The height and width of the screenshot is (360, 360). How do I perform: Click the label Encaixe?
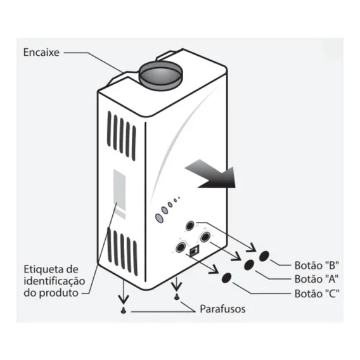[41, 53]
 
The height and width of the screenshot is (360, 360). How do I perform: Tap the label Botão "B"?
[317, 266]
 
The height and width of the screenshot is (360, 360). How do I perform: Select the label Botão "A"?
[317, 279]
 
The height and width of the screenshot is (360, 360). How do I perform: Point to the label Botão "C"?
[317, 293]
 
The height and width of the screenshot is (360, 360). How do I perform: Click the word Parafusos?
[222, 309]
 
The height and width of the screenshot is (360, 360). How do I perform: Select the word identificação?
[55, 281]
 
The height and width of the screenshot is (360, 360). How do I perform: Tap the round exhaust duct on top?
[160, 75]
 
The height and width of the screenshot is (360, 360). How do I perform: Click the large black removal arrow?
[210, 174]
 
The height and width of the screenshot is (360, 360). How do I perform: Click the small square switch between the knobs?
[194, 251]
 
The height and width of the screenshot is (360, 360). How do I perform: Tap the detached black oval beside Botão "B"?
[264, 256]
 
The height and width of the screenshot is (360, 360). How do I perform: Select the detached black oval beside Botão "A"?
[249, 265]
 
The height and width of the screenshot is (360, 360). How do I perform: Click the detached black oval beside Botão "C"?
[227, 278]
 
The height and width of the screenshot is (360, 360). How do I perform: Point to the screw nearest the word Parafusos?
[176, 297]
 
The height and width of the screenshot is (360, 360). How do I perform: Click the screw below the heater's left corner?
[124, 311]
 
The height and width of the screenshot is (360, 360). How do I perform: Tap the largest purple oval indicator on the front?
[159, 218]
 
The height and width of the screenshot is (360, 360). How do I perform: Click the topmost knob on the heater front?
[190, 226]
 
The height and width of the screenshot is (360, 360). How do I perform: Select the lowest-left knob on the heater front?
[181, 247]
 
